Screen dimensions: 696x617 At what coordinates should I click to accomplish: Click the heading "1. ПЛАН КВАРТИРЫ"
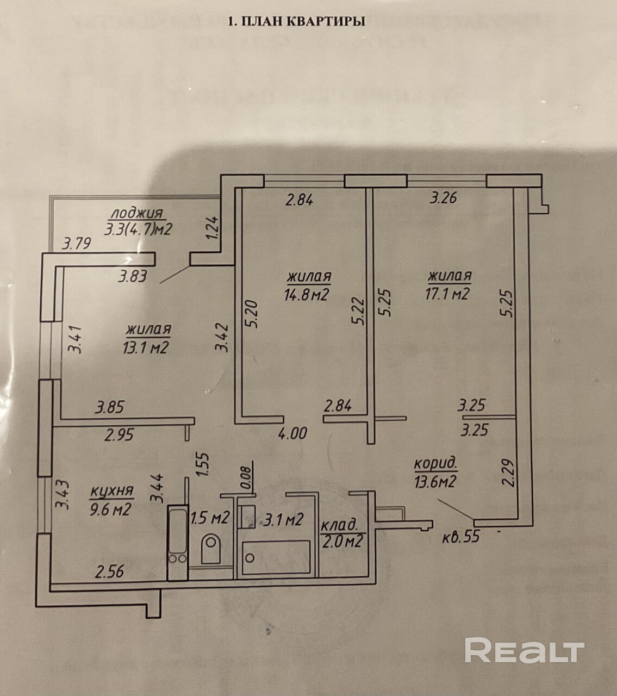click(x=296, y=21)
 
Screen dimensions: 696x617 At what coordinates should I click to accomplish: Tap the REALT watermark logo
click(x=525, y=651)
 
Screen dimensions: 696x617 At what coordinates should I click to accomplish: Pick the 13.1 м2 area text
click(x=147, y=347)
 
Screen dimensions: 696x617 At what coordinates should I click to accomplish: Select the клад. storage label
click(x=340, y=526)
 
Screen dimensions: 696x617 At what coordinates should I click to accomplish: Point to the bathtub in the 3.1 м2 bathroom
click(x=276, y=557)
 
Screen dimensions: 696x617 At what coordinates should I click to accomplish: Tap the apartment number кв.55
click(x=462, y=537)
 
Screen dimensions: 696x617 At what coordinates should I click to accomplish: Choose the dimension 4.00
click(x=292, y=433)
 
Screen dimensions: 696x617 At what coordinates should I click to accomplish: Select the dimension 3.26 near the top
click(x=444, y=198)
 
